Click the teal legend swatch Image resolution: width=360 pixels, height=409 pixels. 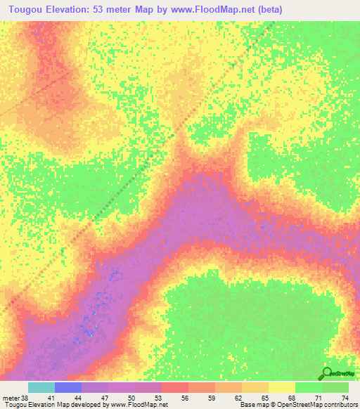click(x=41, y=387)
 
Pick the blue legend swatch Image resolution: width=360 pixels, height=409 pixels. click(x=68, y=387)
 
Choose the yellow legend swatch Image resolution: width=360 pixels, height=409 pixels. click(x=282, y=387)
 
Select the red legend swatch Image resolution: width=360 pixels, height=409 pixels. click(x=175, y=387)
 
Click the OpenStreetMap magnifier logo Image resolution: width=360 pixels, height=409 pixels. click(x=328, y=372)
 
